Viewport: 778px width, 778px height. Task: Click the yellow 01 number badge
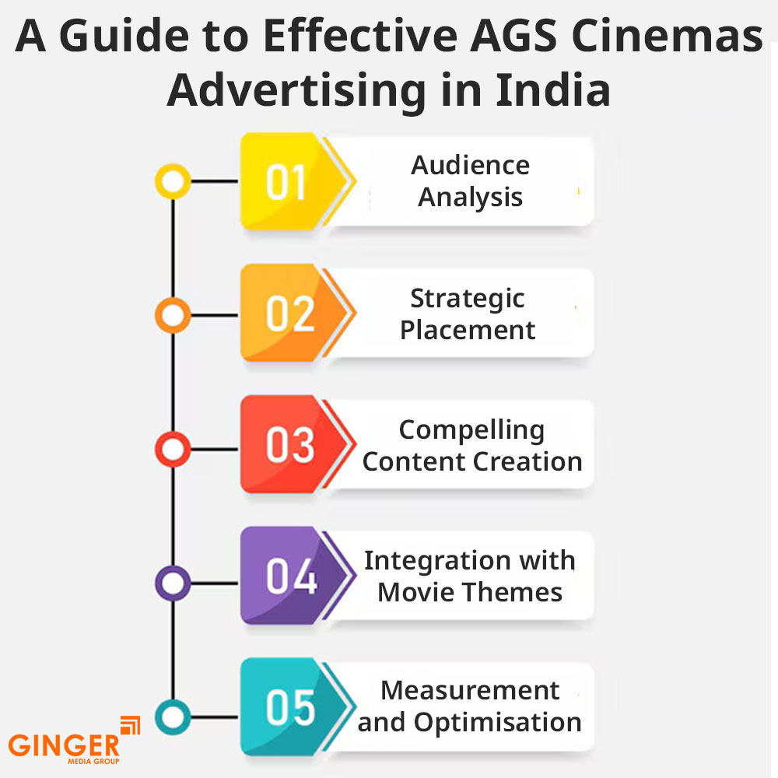(292, 181)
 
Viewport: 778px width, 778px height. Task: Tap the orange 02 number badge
(292, 313)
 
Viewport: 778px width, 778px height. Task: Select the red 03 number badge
(292, 444)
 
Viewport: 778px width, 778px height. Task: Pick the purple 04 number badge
(292, 576)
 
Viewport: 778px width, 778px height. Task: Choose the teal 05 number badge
(292, 707)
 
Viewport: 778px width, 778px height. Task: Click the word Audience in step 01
(471, 165)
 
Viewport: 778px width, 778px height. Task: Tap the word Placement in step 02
(468, 330)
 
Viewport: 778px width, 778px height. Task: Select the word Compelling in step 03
(472, 431)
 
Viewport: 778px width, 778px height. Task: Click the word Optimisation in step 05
(498, 723)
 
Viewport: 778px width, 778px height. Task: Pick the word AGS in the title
(513, 36)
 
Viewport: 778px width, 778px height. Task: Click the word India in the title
(553, 89)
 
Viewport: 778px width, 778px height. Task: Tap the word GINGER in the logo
(64, 745)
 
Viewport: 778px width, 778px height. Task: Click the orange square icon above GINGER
(131, 725)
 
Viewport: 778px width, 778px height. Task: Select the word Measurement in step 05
(471, 691)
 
